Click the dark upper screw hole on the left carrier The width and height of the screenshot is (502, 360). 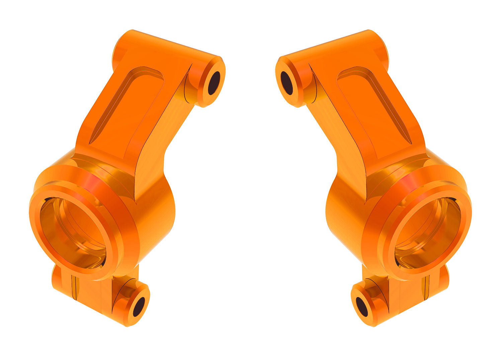(x=214, y=83)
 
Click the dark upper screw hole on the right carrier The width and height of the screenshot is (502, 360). (x=287, y=83)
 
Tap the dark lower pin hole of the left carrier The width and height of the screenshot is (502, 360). (x=139, y=306)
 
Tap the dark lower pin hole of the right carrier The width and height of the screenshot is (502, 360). (x=362, y=306)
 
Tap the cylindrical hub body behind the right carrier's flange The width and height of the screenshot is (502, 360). (x=345, y=214)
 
